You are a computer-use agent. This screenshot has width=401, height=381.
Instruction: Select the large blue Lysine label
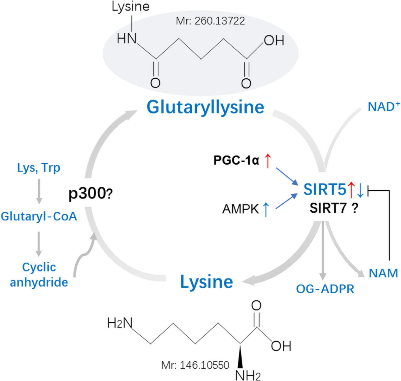click(206, 281)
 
